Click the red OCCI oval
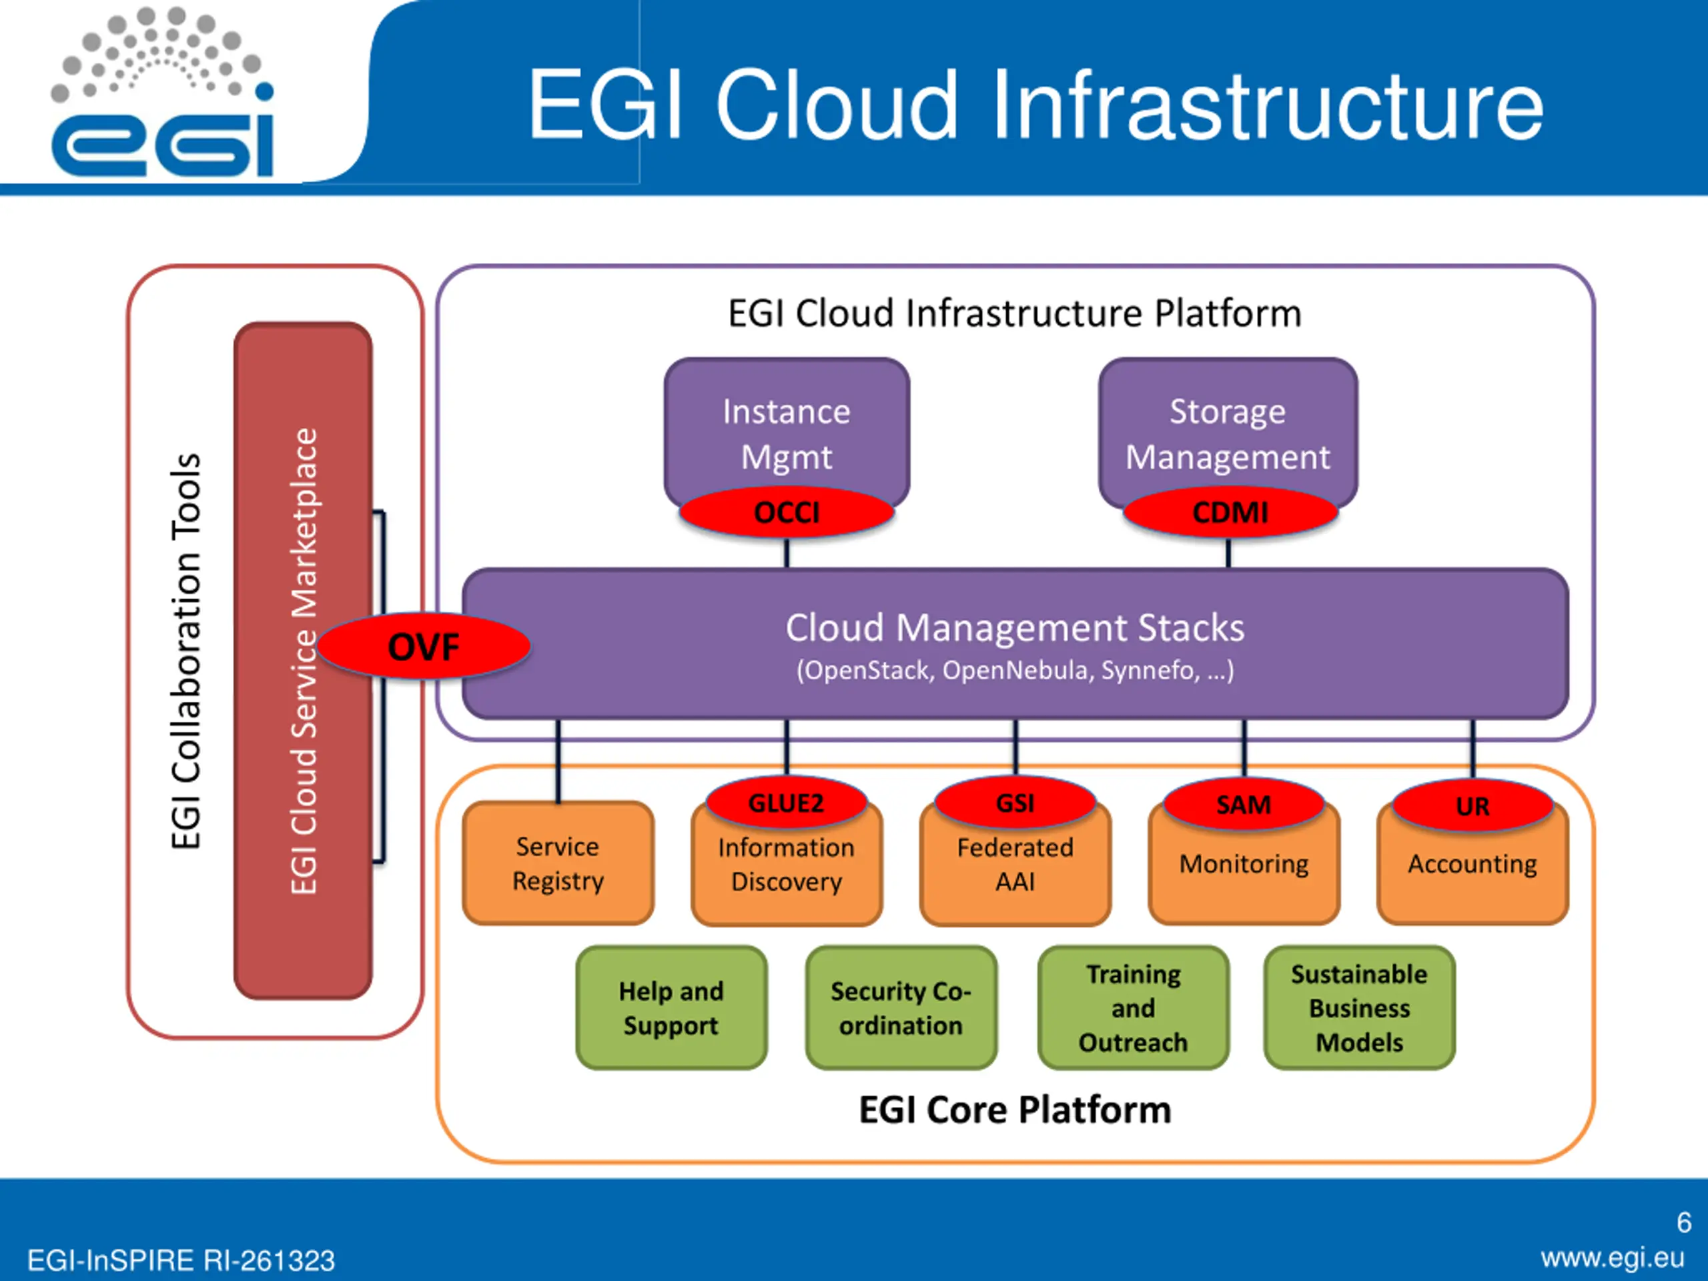click(x=786, y=512)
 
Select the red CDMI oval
click(x=1230, y=512)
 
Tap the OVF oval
click(x=424, y=647)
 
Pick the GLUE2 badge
click(x=786, y=803)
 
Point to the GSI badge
click(x=1015, y=803)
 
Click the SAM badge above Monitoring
click(x=1243, y=805)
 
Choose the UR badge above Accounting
click(x=1472, y=806)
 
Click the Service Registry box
click(x=558, y=863)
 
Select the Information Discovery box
click(x=786, y=865)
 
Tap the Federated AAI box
click(x=1015, y=865)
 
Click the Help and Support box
click(x=671, y=1007)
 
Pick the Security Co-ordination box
click(x=901, y=1007)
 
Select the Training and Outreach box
click(x=1133, y=1007)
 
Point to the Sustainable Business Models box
click(x=1359, y=1007)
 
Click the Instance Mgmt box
click(x=786, y=432)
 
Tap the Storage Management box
click(x=1228, y=432)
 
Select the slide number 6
click(x=1684, y=1222)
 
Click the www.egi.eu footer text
click(x=1612, y=1258)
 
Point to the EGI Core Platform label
click(x=1015, y=1110)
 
